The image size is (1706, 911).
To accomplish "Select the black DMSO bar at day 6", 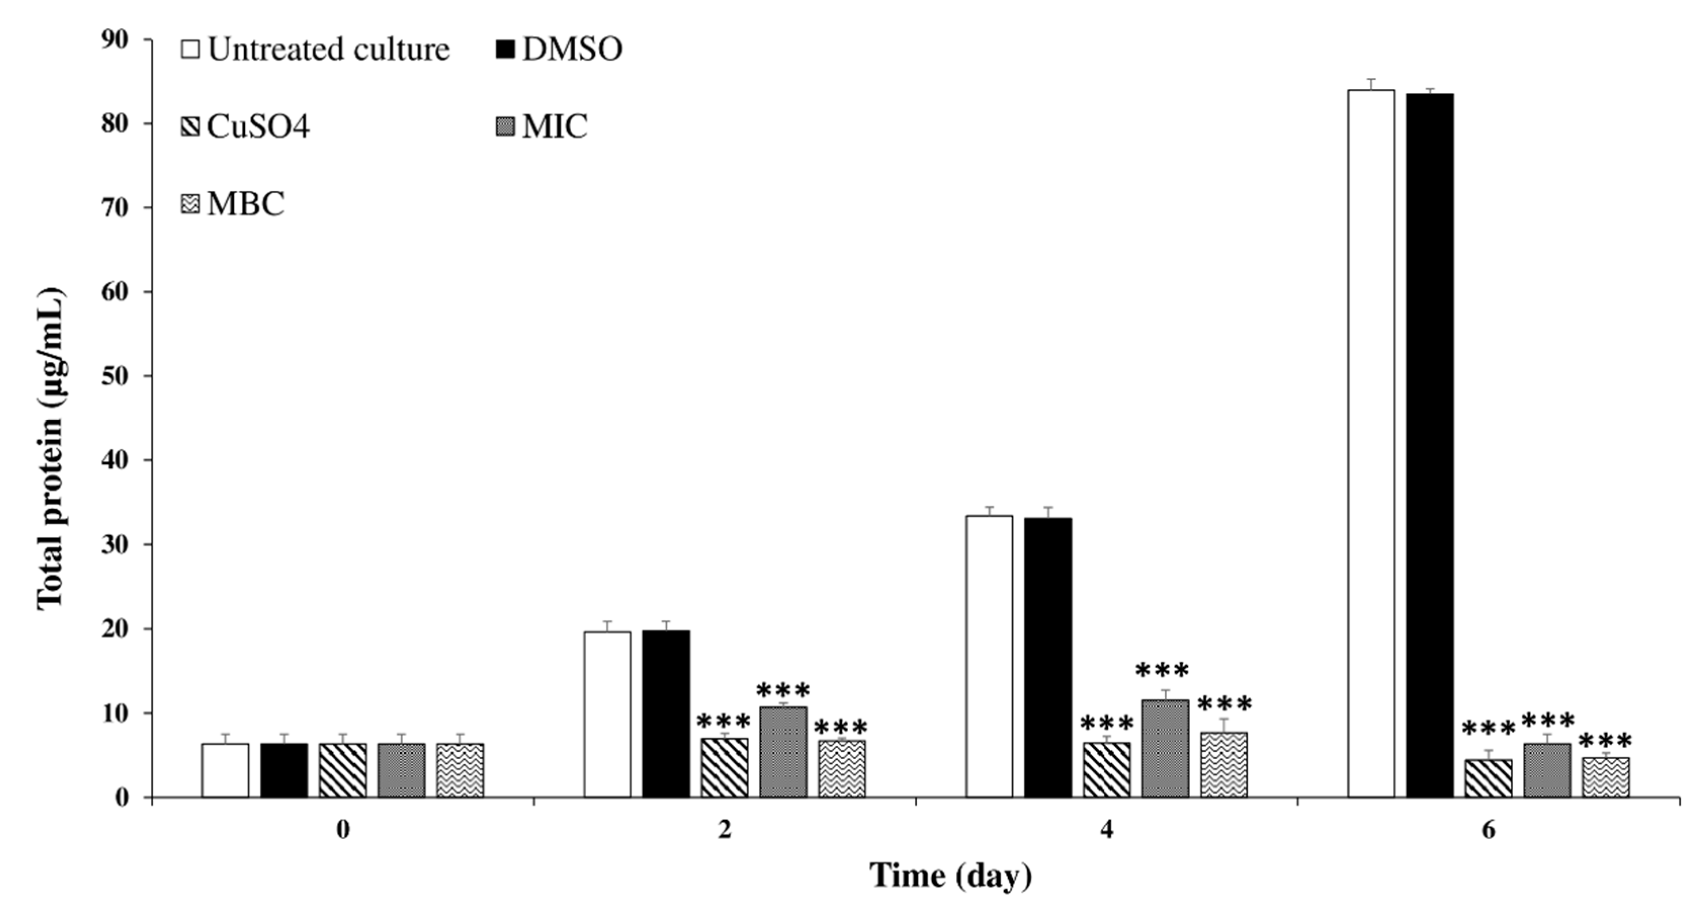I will tap(1429, 445).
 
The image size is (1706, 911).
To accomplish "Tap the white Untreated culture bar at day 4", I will tap(989, 656).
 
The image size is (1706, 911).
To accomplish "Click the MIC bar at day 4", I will tap(1165, 748).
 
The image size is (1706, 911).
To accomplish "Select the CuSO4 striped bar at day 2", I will tap(724, 767).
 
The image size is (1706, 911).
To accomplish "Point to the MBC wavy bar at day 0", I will tap(460, 770).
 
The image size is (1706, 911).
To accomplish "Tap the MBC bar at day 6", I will tap(1605, 776).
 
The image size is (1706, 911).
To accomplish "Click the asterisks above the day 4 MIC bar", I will tap(1162, 672).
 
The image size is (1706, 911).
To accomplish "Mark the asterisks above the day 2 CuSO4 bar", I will tap(723, 721).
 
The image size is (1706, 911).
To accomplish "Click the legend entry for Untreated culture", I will tap(316, 50).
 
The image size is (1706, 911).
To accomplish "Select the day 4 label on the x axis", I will tap(1107, 830).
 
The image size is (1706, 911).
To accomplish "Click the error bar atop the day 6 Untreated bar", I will tap(1371, 84).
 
